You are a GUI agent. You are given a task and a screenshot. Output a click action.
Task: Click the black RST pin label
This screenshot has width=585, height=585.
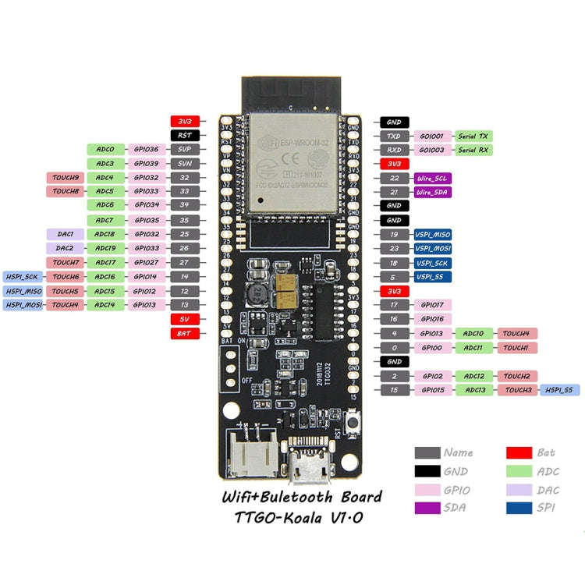(186, 135)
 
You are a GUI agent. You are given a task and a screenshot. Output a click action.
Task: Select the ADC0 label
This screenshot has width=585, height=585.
(105, 149)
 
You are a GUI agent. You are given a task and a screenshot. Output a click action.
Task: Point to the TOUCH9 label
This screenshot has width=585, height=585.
(65, 178)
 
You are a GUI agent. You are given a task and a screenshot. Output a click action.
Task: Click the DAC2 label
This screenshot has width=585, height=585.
(65, 248)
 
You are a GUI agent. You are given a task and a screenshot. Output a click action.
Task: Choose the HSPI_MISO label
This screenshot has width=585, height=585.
(23, 291)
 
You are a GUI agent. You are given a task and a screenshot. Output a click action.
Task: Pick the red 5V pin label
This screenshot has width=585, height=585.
(186, 320)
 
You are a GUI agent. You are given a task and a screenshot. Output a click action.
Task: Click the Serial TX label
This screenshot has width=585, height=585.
(473, 136)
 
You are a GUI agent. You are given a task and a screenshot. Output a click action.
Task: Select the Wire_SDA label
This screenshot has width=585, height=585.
(432, 192)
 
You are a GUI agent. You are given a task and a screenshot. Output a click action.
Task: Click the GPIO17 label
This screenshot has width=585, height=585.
(432, 305)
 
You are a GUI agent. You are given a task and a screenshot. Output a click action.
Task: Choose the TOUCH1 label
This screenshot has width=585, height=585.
(516, 347)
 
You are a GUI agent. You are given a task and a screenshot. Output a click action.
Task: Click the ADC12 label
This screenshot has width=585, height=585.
(474, 375)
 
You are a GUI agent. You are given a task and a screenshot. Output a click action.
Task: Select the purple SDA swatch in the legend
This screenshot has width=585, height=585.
(427, 508)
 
